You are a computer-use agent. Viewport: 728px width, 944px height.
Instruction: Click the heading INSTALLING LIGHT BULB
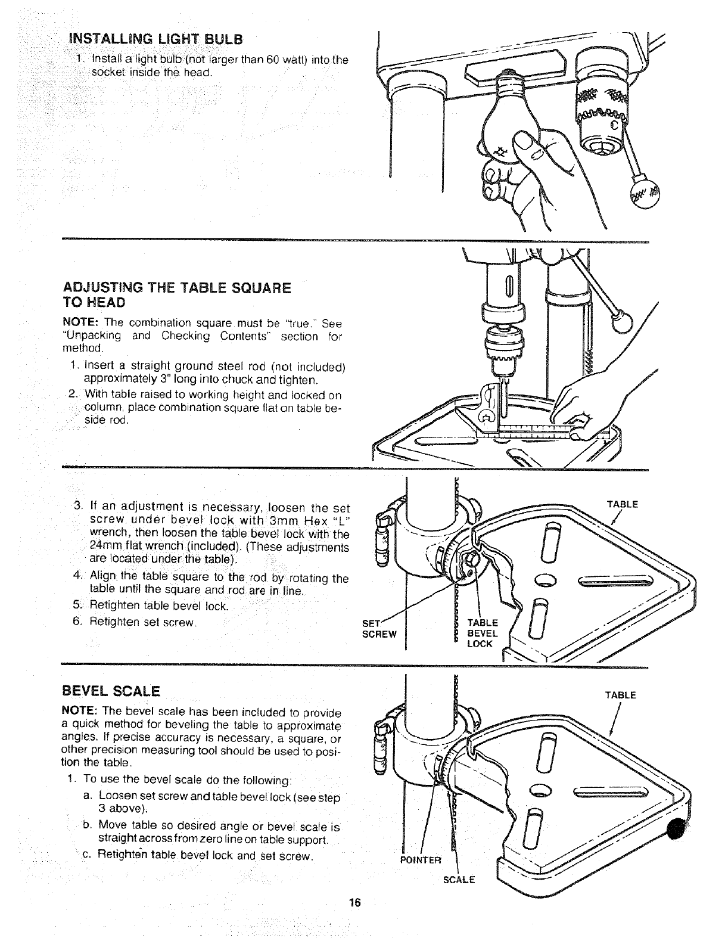(x=156, y=39)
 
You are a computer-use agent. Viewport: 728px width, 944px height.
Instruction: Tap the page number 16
(x=356, y=902)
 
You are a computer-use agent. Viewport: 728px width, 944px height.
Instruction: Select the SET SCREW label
(x=379, y=629)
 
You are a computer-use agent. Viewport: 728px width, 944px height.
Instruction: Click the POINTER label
(x=421, y=859)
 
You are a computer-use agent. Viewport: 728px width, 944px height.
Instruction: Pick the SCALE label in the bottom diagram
(x=459, y=880)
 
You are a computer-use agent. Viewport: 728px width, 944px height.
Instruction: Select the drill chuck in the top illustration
(x=599, y=113)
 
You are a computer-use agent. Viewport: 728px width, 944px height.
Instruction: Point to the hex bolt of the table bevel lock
(x=471, y=559)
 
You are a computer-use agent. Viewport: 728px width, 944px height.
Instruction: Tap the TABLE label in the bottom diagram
(x=621, y=695)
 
